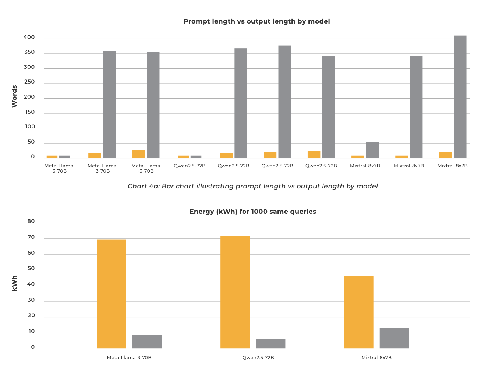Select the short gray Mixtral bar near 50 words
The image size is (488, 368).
coord(372,150)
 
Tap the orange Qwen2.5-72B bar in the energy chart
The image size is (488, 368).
coord(235,292)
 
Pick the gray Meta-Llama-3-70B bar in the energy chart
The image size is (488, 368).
coord(147,342)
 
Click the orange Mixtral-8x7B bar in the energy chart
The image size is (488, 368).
coord(358,312)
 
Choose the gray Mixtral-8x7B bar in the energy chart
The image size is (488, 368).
coord(394,338)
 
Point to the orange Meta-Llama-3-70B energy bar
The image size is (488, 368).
coord(111,294)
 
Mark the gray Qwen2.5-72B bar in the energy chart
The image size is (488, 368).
coord(270,343)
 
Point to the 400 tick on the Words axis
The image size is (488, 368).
coord(29,37)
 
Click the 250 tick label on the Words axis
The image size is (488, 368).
coord(29,82)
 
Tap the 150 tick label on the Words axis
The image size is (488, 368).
coord(29,112)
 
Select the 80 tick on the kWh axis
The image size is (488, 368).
coord(31,222)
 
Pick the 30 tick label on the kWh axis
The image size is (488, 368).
coord(31,300)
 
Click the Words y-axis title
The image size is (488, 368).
coord(15,96)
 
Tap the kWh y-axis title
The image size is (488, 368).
coord(15,283)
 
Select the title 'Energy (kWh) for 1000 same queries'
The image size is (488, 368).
coord(253,212)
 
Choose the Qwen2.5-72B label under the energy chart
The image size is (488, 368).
coord(258,358)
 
